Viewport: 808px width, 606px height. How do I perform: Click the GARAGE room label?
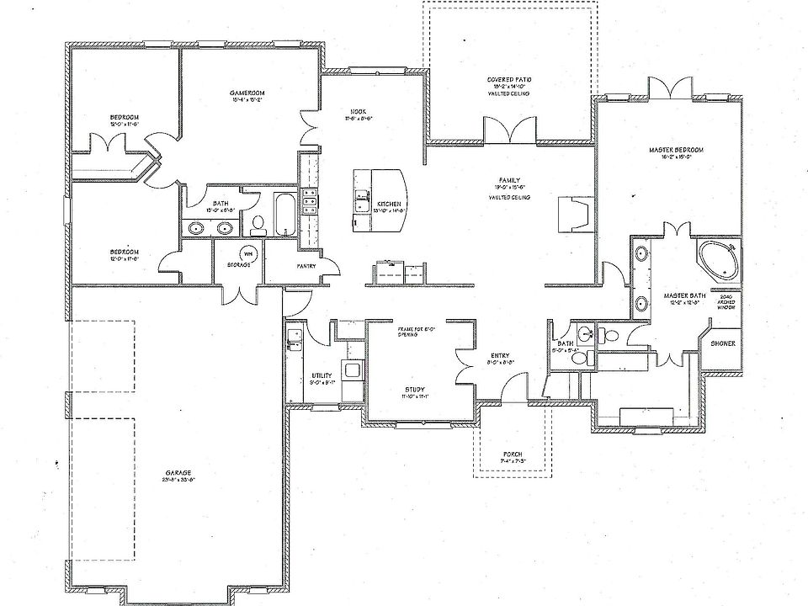click(x=178, y=473)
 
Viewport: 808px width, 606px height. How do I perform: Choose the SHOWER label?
click(x=723, y=343)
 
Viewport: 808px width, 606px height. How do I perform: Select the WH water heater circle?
click(x=248, y=252)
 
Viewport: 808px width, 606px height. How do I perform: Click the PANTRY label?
click(x=306, y=266)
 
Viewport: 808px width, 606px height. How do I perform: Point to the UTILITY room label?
click(x=322, y=375)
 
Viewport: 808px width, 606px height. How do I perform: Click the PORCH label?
click(x=513, y=454)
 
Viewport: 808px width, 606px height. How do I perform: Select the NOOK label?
click(x=358, y=112)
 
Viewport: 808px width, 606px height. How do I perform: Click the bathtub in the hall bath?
click(x=284, y=214)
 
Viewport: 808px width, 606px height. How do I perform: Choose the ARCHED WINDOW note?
click(x=725, y=303)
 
